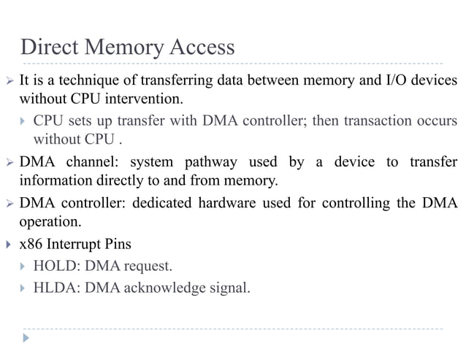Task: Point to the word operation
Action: click(49, 221)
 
